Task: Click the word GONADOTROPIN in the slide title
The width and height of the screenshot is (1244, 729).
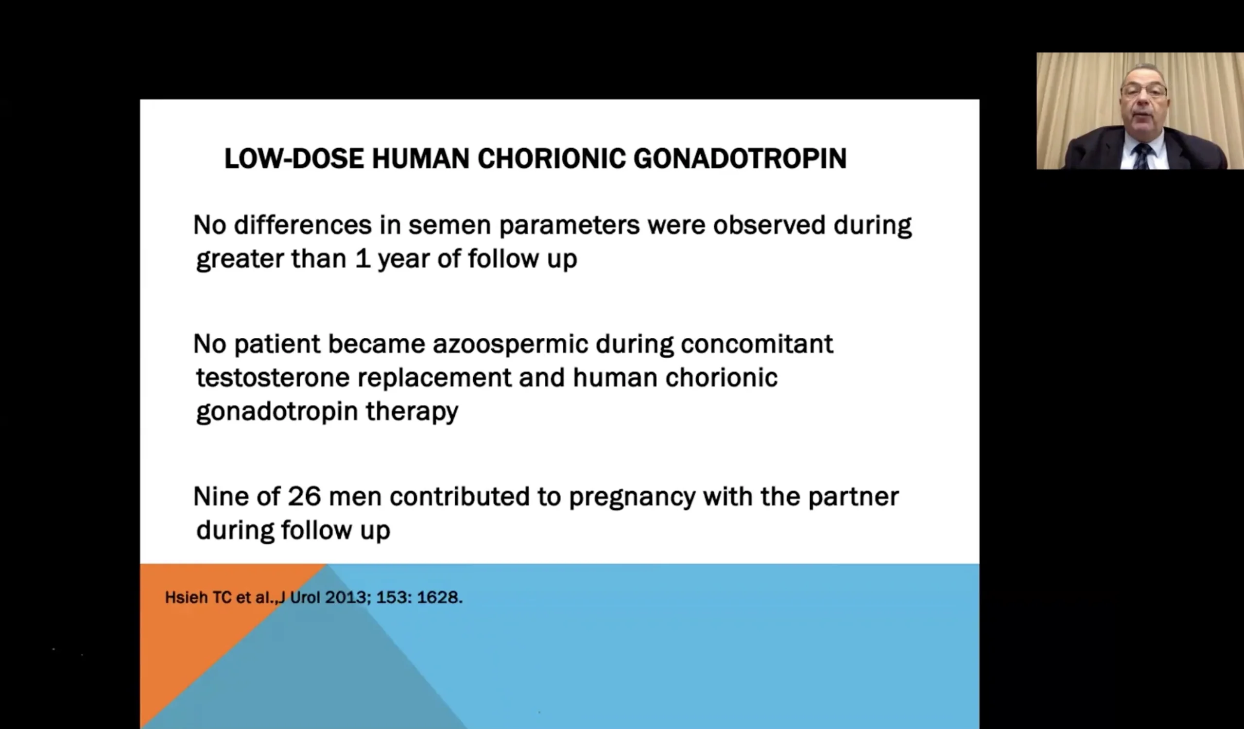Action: coord(740,159)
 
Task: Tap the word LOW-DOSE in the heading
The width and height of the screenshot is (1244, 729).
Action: coord(294,159)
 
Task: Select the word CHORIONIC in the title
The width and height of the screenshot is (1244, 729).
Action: coord(552,159)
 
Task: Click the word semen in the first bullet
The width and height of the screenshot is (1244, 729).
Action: coord(449,226)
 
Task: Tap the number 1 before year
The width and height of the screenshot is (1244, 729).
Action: coord(363,259)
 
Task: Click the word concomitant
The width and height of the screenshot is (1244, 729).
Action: coord(757,344)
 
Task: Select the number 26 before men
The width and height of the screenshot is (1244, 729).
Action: coord(304,496)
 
